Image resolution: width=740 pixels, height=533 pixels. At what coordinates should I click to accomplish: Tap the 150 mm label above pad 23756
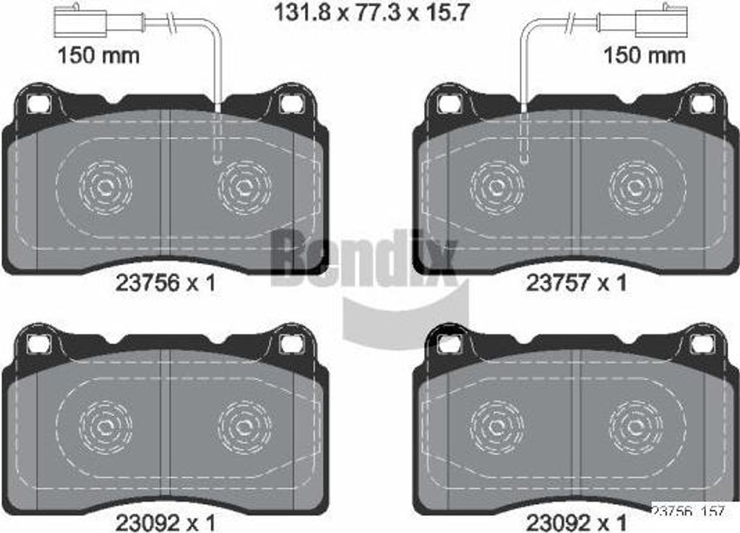[98, 56]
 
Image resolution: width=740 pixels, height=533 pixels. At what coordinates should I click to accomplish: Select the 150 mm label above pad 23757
[643, 56]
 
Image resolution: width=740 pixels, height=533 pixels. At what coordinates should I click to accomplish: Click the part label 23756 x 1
[165, 284]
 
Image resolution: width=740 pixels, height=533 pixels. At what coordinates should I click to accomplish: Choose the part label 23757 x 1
[576, 284]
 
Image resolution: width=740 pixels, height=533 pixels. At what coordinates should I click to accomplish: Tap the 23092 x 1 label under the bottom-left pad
[165, 521]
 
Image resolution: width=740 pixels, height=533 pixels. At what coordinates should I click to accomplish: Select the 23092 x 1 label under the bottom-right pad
[576, 521]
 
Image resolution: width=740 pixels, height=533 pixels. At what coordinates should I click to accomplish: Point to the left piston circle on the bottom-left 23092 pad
[105, 427]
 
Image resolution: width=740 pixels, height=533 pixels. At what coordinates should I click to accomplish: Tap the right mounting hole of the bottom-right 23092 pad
[700, 344]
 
